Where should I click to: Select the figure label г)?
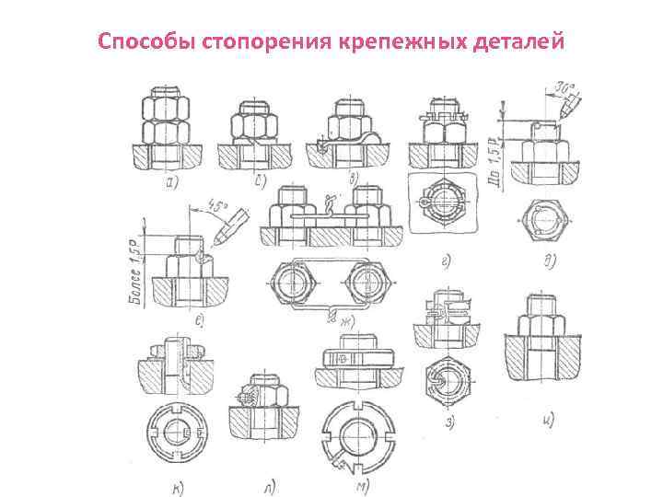tap(445, 263)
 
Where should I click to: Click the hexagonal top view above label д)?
tap(541, 222)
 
